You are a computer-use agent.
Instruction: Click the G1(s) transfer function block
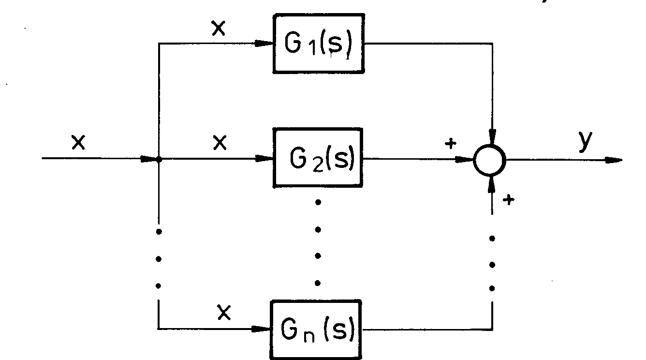tap(318, 44)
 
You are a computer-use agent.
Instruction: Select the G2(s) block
tap(318, 158)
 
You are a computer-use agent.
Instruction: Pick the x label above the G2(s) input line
tap(220, 143)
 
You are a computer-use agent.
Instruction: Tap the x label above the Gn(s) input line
tap(223, 314)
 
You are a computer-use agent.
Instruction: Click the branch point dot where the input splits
tap(159, 159)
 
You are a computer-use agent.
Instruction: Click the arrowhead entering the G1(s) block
tap(264, 44)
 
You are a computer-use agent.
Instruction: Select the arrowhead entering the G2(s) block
tap(264, 158)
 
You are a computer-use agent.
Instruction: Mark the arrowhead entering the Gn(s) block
tap(264, 330)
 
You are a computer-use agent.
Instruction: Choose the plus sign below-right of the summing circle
tap(508, 199)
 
